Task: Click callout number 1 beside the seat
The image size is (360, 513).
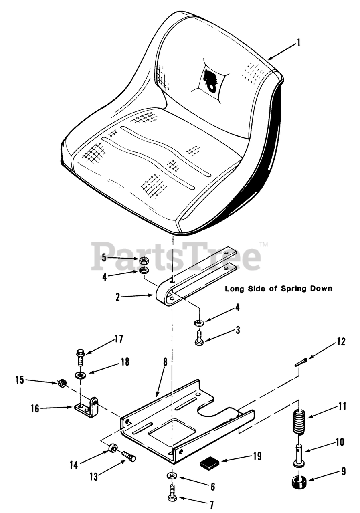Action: (x=298, y=43)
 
